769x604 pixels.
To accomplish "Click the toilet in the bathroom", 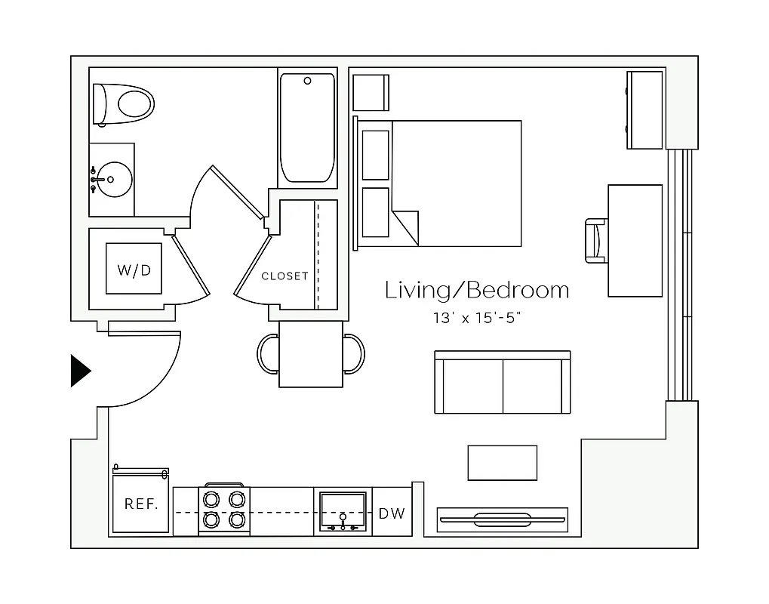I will click(125, 104).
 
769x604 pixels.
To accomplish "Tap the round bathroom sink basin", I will click(112, 180).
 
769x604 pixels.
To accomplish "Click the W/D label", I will click(133, 270).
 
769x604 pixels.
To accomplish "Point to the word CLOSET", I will click(285, 276).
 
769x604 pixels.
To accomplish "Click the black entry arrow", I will click(79, 371).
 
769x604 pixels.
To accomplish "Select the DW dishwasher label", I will click(392, 513).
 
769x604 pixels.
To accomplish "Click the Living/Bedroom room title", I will click(477, 290).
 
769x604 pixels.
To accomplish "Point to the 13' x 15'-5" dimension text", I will click(477, 318).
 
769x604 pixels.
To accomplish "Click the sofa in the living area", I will click(503, 384).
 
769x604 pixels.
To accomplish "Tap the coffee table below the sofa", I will click(502, 463).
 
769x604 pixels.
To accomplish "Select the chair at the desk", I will click(596, 241).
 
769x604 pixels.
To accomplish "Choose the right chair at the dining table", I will click(354, 353).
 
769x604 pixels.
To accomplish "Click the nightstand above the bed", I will click(371, 92).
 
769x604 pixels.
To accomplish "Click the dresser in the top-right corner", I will click(645, 109).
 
